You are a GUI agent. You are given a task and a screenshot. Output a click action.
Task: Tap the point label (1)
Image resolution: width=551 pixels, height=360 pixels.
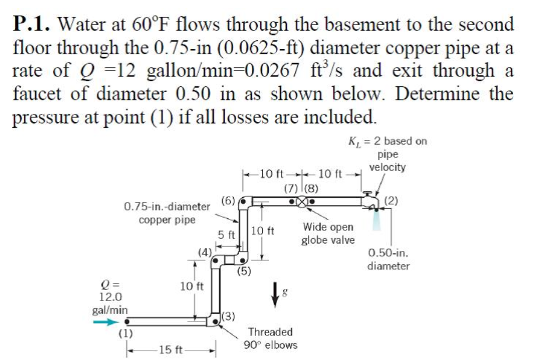pyautogui.click(x=125, y=334)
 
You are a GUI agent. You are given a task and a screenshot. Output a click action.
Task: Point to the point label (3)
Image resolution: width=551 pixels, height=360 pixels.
pyautogui.click(x=229, y=317)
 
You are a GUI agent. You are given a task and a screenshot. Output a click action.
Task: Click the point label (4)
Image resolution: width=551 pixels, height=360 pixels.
pyautogui.click(x=205, y=252)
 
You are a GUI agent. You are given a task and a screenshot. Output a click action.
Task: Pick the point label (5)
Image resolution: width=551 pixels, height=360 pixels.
pyautogui.click(x=244, y=270)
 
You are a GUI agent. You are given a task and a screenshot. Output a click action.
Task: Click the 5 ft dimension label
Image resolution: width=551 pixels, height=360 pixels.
pyautogui.click(x=226, y=235)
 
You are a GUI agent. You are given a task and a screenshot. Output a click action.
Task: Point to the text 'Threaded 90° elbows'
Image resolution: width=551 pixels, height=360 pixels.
pyautogui.click(x=271, y=338)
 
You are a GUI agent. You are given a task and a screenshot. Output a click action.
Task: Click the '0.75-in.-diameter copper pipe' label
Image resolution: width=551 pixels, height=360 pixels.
pyautogui.click(x=167, y=214)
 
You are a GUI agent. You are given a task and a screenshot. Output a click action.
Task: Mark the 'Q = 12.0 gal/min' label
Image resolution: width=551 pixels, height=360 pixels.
pyautogui.click(x=108, y=298)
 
